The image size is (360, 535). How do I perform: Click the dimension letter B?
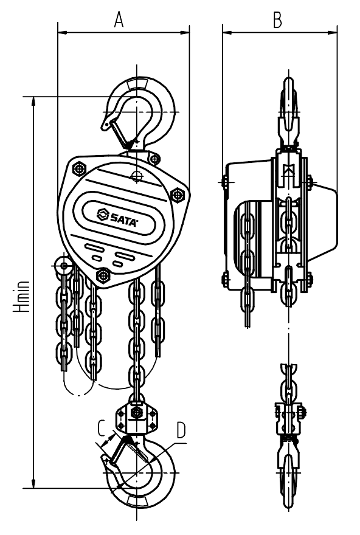tap(278, 20)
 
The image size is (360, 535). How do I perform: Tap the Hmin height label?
tap(21, 297)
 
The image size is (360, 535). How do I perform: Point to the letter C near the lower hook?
tap(102, 427)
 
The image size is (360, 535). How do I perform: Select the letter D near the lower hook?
tap(181, 430)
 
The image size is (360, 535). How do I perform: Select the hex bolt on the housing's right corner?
tap(177, 195)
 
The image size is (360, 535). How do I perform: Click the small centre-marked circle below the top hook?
tap(137, 176)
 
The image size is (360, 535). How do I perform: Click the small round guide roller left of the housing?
tap(63, 264)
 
